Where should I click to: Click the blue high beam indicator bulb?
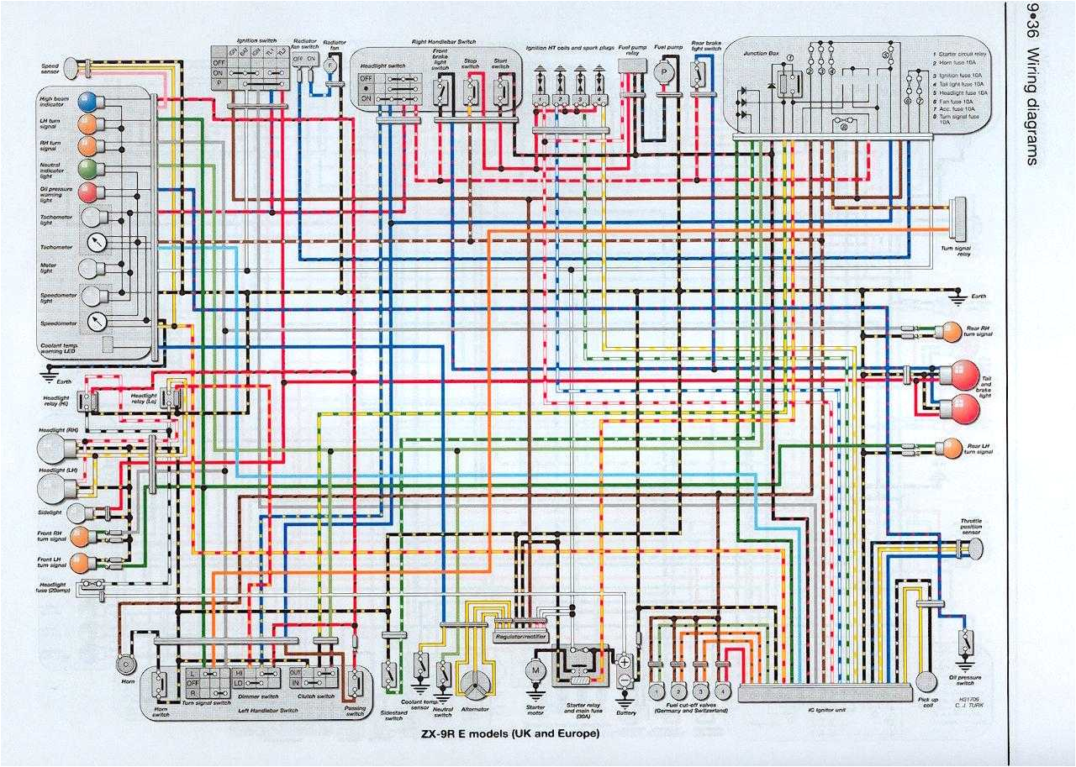click(87, 102)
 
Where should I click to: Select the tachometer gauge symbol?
click(97, 244)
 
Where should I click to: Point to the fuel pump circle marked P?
click(664, 73)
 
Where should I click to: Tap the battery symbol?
click(625, 672)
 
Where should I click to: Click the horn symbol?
click(127, 663)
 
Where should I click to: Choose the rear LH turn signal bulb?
click(952, 446)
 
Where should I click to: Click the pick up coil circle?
click(926, 681)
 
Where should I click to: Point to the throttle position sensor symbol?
click(974, 550)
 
